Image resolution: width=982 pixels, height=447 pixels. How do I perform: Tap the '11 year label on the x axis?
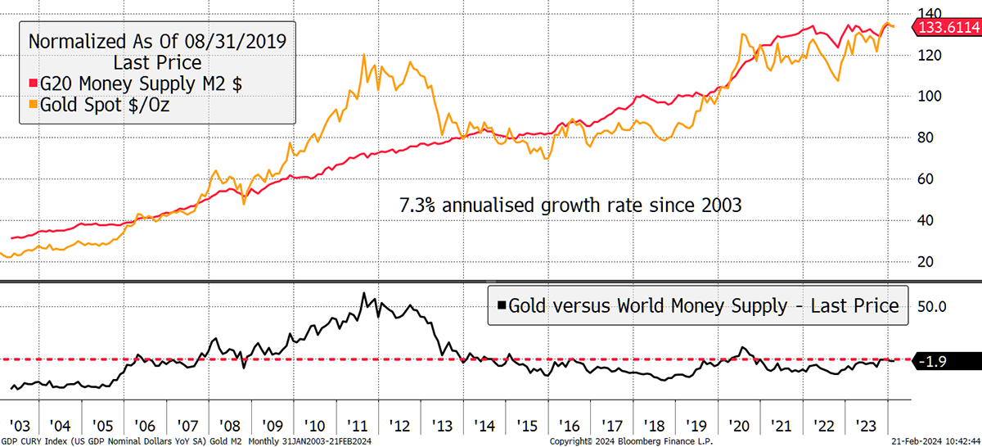[x=358, y=426]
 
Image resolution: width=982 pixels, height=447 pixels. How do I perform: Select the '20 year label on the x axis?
[x=741, y=426]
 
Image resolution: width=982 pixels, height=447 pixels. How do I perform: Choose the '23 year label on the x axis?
[x=868, y=426]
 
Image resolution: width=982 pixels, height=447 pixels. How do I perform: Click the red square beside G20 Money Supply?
[x=34, y=84]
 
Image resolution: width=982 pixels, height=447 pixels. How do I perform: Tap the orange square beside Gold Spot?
[x=34, y=104]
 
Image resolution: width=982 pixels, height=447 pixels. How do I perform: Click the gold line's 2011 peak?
[x=364, y=55]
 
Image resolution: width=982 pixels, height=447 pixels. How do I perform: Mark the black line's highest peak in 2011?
[x=364, y=293]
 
